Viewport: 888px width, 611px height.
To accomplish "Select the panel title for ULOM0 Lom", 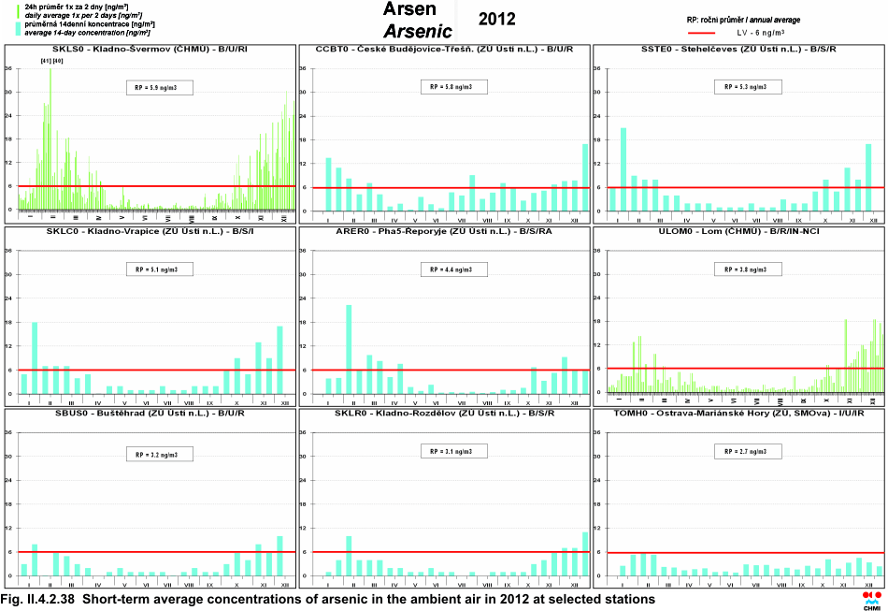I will [738, 230].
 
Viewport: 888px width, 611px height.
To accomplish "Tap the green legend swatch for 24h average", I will [19, 11].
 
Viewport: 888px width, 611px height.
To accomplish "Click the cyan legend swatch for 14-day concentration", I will [19, 27].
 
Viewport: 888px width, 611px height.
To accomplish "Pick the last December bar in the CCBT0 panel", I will [585, 177].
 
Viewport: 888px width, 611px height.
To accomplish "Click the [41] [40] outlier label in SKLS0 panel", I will [51, 61].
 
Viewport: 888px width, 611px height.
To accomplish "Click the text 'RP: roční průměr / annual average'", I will [743, 20].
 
